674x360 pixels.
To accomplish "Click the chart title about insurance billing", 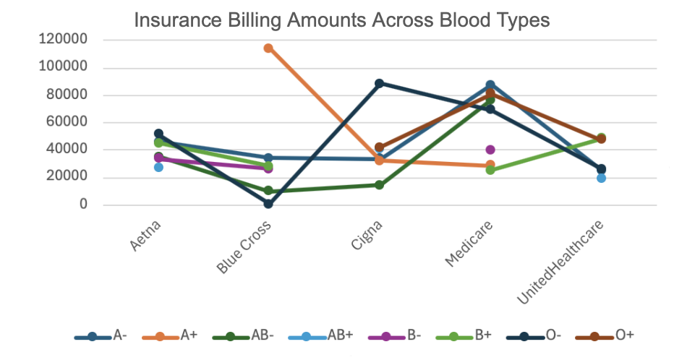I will pyautogui.click(x=342, y=20).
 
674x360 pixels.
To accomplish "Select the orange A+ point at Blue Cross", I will pyautogui.click(x=268, y=48).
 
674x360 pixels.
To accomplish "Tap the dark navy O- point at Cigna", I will pyautogui.click(x=379, y=84).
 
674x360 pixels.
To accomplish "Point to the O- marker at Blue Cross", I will pyautogui.click(x=268, y=204).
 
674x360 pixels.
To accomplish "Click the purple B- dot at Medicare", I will pyautogui.click(x=490, y=150).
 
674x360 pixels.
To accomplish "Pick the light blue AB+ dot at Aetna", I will pyautogui.click(x=158, y=167).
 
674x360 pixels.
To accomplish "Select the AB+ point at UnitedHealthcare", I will pyautogui.click(x=601, y=178).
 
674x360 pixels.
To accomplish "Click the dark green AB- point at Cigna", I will pyautogui.click(x=379, y=185).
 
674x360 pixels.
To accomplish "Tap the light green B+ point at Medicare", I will pyautogui.click(x=490, y=171).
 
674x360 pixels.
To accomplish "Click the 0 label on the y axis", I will pyautogui.click(x=83, y=205).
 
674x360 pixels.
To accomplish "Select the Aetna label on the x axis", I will pyautogui.click(x=148, y=236).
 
